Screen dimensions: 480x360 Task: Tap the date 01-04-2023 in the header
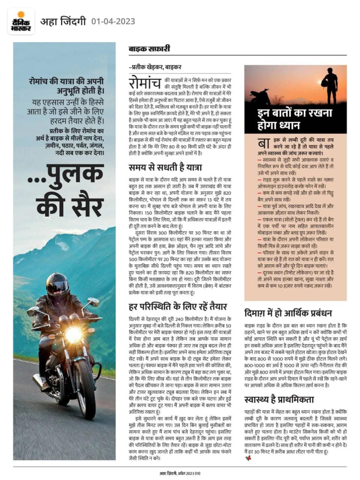(113, 21)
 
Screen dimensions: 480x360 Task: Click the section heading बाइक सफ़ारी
(149, 49)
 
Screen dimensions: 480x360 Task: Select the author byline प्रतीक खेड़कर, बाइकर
(155, 67)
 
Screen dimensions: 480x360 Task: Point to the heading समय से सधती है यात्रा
(165, 166)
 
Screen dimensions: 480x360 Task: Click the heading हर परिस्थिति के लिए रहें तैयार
(177, 307)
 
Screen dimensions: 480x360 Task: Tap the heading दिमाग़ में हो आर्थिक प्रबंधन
(288, 313)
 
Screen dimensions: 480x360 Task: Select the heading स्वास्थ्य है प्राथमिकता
(279, 399)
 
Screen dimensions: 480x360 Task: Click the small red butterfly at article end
(247, 458)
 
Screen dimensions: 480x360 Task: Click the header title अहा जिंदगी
(63, 21)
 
